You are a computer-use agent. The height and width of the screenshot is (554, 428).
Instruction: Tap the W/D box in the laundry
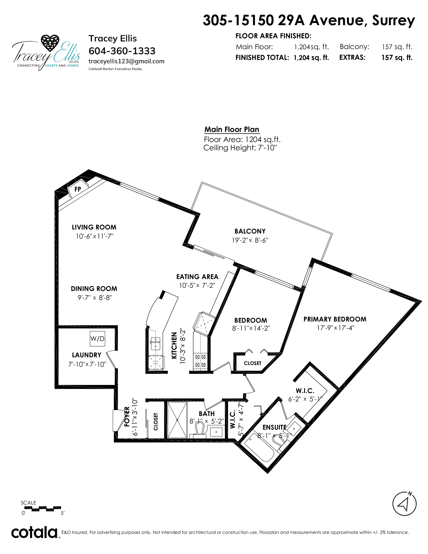(97, 339)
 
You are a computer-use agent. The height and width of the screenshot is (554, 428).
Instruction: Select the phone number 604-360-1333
(122, 51)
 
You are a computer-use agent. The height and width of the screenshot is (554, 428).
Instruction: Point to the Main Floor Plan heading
(232, 129)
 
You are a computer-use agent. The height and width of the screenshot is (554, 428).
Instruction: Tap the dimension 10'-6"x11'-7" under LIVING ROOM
(94, 236)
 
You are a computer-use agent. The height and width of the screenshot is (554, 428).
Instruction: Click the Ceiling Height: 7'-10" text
(240, 148)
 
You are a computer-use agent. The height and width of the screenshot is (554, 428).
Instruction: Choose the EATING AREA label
(197, 276)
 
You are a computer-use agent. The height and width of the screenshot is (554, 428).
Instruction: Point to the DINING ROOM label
(94, 289)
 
